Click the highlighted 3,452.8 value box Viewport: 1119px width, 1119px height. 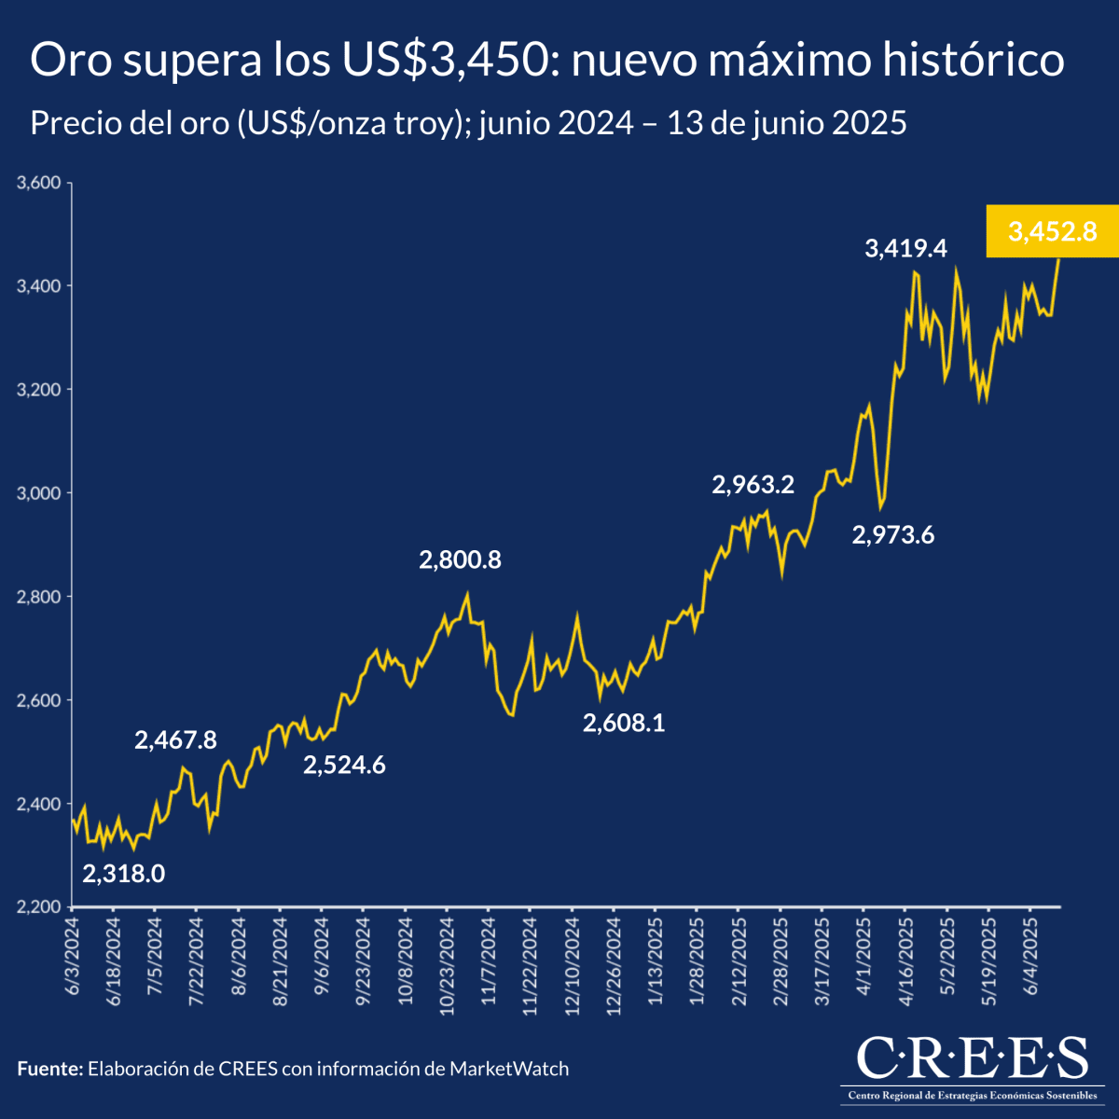(x=1052, y=230)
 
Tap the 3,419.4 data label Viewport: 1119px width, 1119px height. (x=905, y=248)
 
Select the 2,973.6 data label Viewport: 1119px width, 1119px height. (x=893, y=535)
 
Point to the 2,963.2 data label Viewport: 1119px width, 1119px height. (x=753, y=485)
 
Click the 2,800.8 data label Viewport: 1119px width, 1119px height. (x=460, y=560)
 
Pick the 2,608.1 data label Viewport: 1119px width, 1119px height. (x=624, y=723)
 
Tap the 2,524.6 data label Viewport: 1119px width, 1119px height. (x=344, y=766)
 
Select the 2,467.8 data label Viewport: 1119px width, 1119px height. (x=175, y=740)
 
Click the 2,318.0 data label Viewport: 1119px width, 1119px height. (x=124, y=874)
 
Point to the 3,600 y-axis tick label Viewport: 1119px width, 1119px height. (x=38, y=183)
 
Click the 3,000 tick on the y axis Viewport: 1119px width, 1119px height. (x=38, y=492)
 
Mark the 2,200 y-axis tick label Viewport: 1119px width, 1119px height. (x=38, y=906)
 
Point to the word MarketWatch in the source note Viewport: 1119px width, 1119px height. (x=509, y=1069)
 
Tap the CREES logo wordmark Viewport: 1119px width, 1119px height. (x=972, y=1057)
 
